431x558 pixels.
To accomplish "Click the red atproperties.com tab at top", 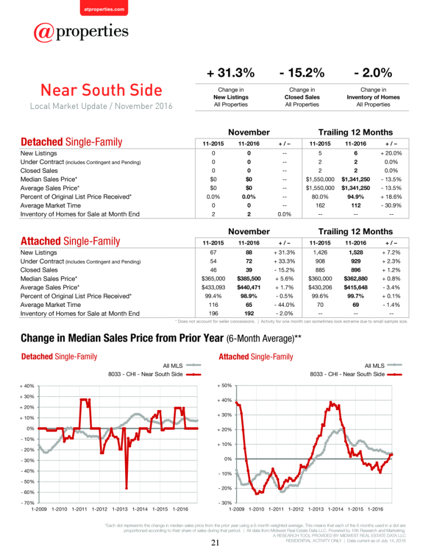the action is coord(104,8).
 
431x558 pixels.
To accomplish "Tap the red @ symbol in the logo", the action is coord(44,33).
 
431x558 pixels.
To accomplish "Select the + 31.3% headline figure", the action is coord(231,73).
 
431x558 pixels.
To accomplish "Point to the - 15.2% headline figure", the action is coord(302,73).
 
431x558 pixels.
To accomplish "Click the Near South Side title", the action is coord(102,90).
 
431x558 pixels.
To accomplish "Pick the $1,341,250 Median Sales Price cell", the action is coord(356,179).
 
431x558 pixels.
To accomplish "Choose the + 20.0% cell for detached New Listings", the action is coord(391,153).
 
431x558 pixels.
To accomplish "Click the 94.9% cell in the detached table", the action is coord(356,197).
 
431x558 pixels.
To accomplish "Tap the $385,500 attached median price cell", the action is coord(248,278).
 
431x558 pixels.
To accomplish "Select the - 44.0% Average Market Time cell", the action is coord(284,305).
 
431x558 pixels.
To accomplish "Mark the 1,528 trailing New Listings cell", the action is coord(356,253).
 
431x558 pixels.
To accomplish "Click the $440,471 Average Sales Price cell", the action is coord(248,287).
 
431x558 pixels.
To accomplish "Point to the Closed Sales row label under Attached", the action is coord(39,270).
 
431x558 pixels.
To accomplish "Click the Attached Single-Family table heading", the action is coord(70,241).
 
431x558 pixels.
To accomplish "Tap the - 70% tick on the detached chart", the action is coord(27,503).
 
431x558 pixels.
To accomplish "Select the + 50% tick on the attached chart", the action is coord(224,386).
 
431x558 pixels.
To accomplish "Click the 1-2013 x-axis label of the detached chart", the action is coord(119,509).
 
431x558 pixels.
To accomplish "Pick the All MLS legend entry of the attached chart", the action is coord(384,365).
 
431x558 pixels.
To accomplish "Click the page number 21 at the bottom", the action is coord(215,543).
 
